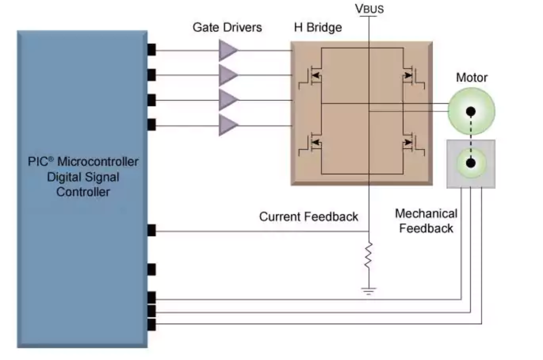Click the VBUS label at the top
click(x=369, y=9)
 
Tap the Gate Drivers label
click(x=227, y=27)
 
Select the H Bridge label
click(x=318, y=27)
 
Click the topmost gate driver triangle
click(x=228, y=50)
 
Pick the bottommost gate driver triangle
click(x=228, y=126)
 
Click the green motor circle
click(x=471, y=111)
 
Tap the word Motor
click(x=472, y=77)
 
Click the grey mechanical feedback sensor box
click(x=471, y=164)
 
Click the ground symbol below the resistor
click(x=369, y=291)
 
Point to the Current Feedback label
click(x=308, y=217)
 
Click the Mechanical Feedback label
click(x=426, y=221)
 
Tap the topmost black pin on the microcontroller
click(x=151, y=50)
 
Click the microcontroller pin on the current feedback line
click(x=151, y=230)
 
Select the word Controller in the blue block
click(x=83, y=192)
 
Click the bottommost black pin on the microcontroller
click(x=151, y=325)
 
